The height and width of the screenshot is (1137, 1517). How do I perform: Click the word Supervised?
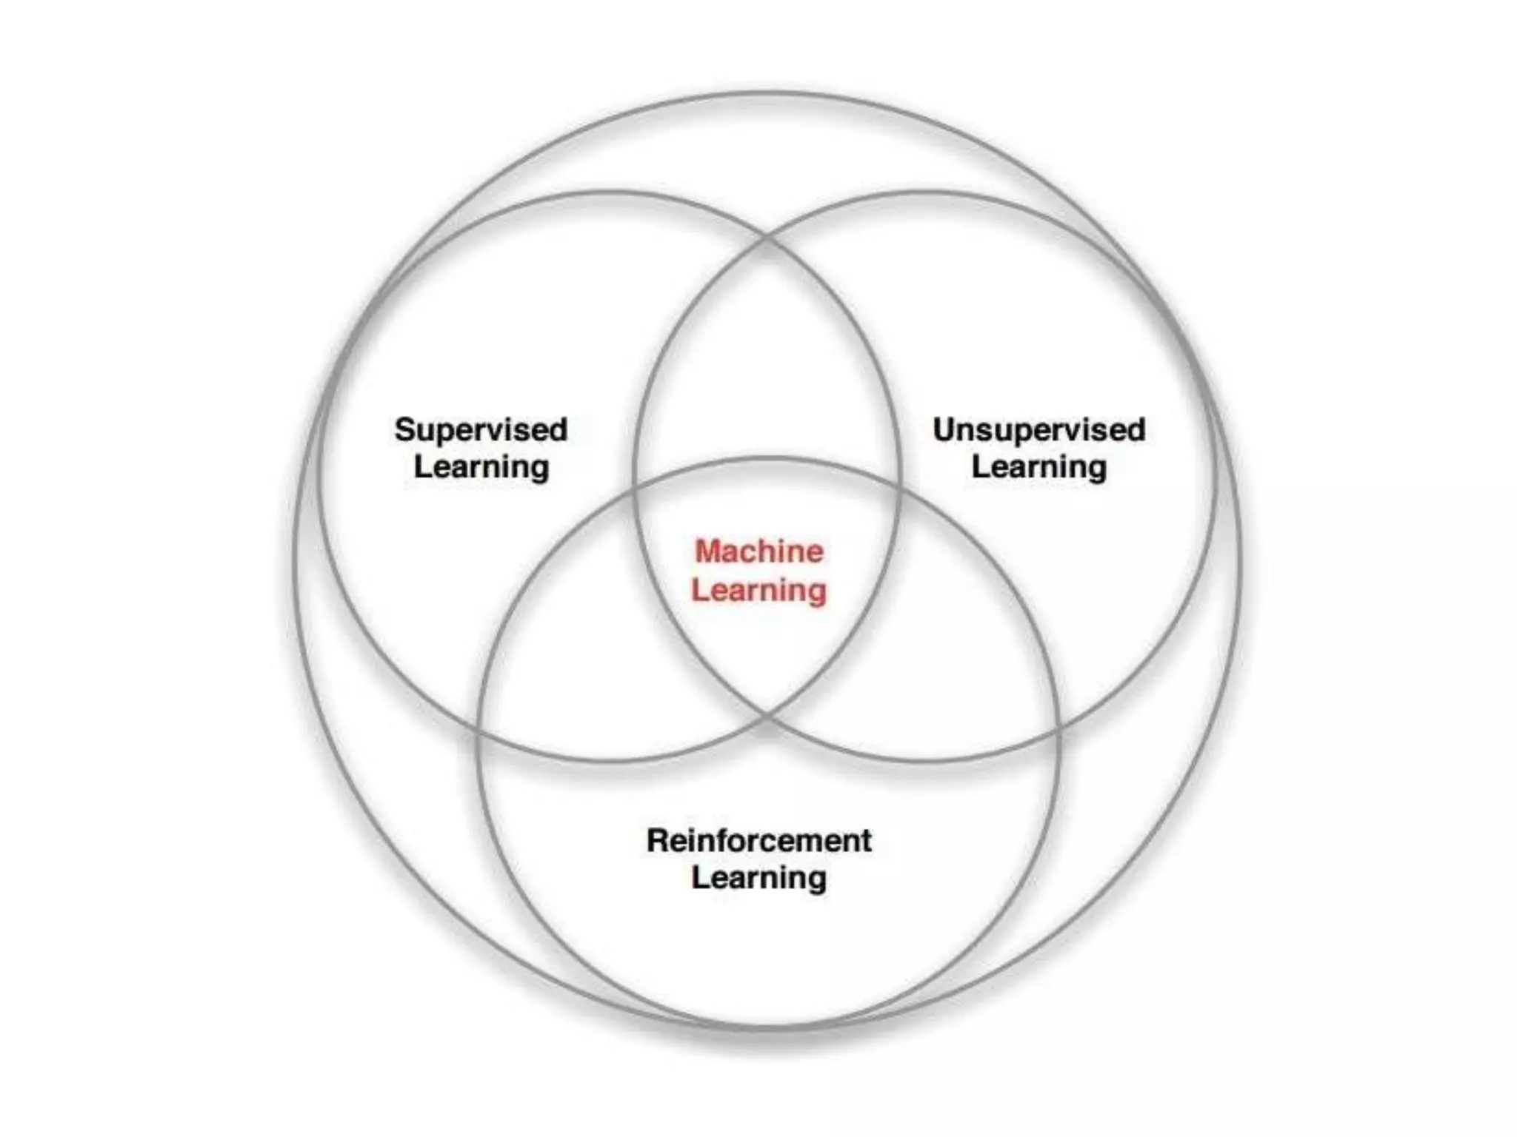click(481, 430)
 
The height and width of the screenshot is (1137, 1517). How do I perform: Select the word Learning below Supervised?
click(481, 467)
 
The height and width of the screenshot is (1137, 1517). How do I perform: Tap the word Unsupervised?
click(1038, 430)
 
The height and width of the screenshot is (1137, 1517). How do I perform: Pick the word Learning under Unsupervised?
click(1038, 467)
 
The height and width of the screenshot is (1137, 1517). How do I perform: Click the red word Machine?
click(759, 551)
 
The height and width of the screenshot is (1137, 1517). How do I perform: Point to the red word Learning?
click(759, 590)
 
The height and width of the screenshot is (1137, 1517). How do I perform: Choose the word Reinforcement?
click(759, 841)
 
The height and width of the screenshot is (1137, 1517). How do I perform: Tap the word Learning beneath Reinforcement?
click(759, 878)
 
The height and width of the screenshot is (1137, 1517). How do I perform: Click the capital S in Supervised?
click(404, 430)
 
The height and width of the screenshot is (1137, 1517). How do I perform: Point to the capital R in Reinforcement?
click(657, 841)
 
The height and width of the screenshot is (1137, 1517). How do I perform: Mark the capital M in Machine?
click(708, 551)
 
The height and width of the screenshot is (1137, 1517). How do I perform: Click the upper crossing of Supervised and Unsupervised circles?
click(767, 239)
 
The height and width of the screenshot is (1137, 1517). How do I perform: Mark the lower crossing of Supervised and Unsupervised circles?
click(767, 716)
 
